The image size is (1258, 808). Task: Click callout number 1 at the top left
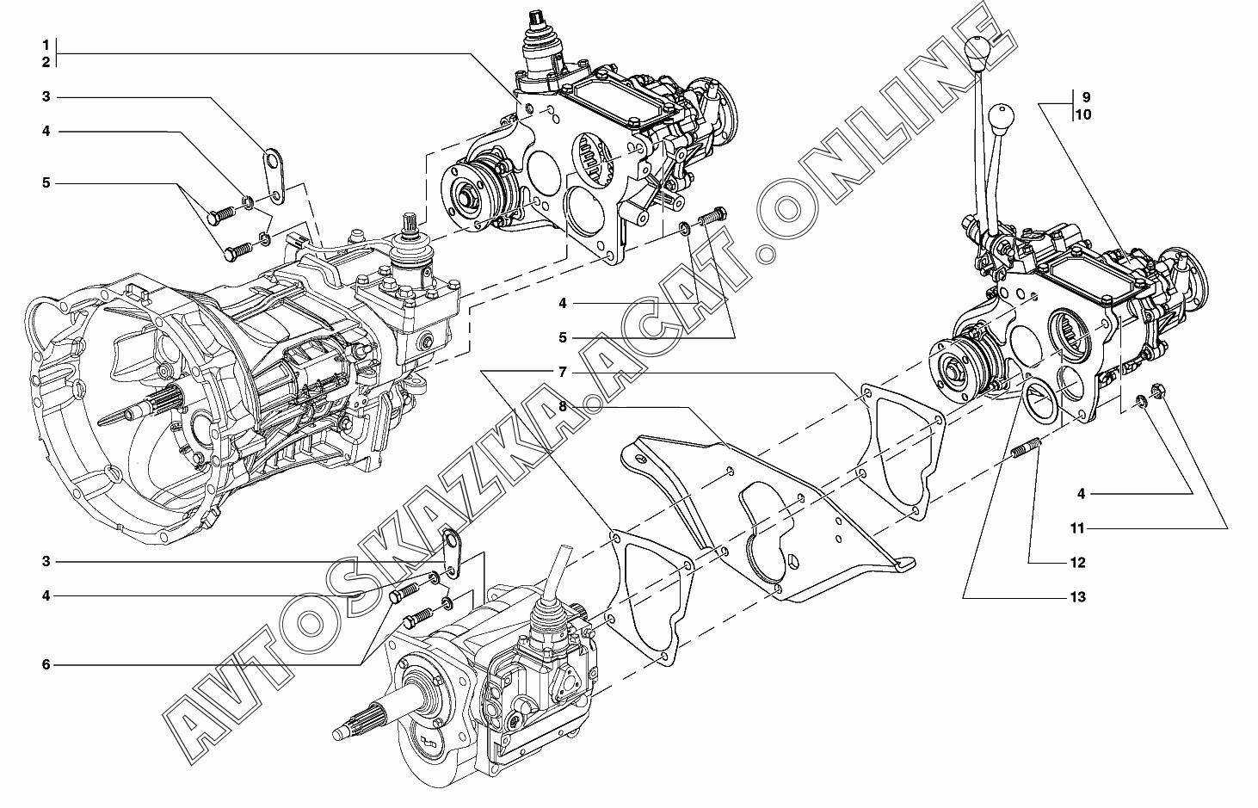click(x=46, y=45)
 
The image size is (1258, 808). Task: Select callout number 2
click(x=46, y=62)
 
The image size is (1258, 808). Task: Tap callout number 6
click(x=46, y=665)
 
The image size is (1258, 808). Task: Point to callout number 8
click(x=563, y=406)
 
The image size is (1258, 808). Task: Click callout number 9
click(x=1086, y=97)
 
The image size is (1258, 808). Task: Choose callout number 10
click(x=1082, y=114)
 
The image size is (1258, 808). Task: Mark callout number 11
click(x=1077, y=528)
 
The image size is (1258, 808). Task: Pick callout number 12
click(x=1077, y=563)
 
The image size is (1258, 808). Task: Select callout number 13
click(x=1077, y=597)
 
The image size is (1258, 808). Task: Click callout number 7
click(x=563, y=373)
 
